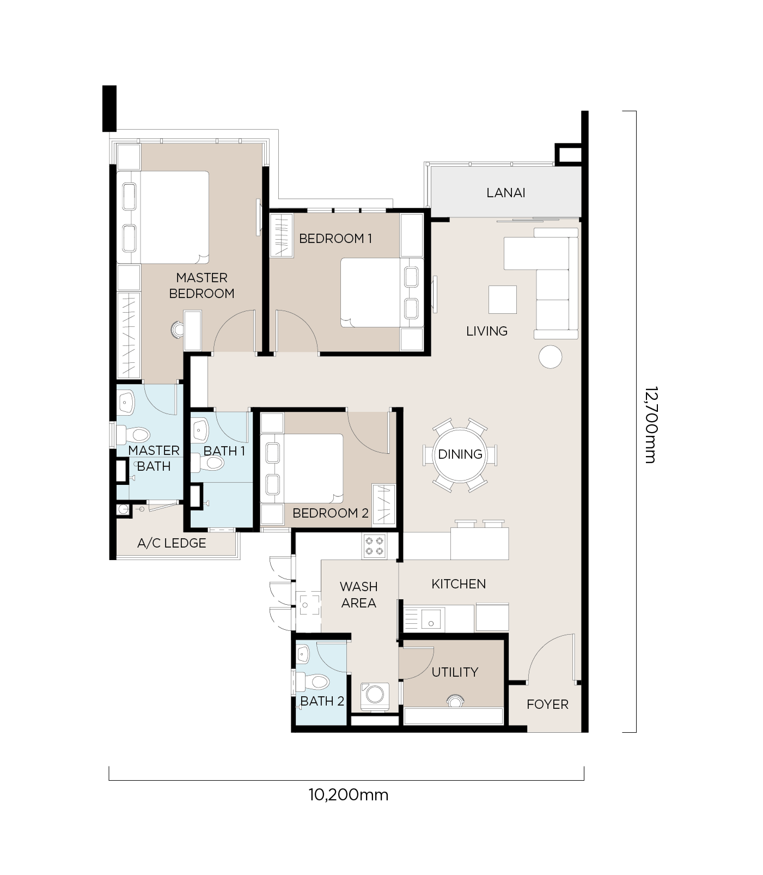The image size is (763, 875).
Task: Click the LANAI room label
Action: tap(505, 192)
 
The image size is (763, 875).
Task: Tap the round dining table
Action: tap(460, 455)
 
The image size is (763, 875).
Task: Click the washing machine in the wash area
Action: tap(375, 695)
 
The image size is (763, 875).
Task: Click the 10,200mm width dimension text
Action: tap(349, 795)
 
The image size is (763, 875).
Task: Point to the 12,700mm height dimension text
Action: tap(650, 425)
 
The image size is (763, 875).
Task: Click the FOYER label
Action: tap(547, 704)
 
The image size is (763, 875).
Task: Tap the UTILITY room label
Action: tap(455, 672)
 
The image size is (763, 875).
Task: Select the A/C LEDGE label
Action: tap(172, 543)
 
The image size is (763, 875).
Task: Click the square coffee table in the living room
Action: tap(503, 300)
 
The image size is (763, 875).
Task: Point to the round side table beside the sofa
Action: tap(550, 357)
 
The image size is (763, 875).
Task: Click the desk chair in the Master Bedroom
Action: tap(178, 330)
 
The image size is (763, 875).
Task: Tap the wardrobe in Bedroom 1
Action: tap(282, 235)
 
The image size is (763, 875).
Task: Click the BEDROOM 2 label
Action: tap(331, 513)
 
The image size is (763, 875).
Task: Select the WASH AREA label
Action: tap(358, 595)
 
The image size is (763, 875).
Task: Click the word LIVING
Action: tap(487, 331)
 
